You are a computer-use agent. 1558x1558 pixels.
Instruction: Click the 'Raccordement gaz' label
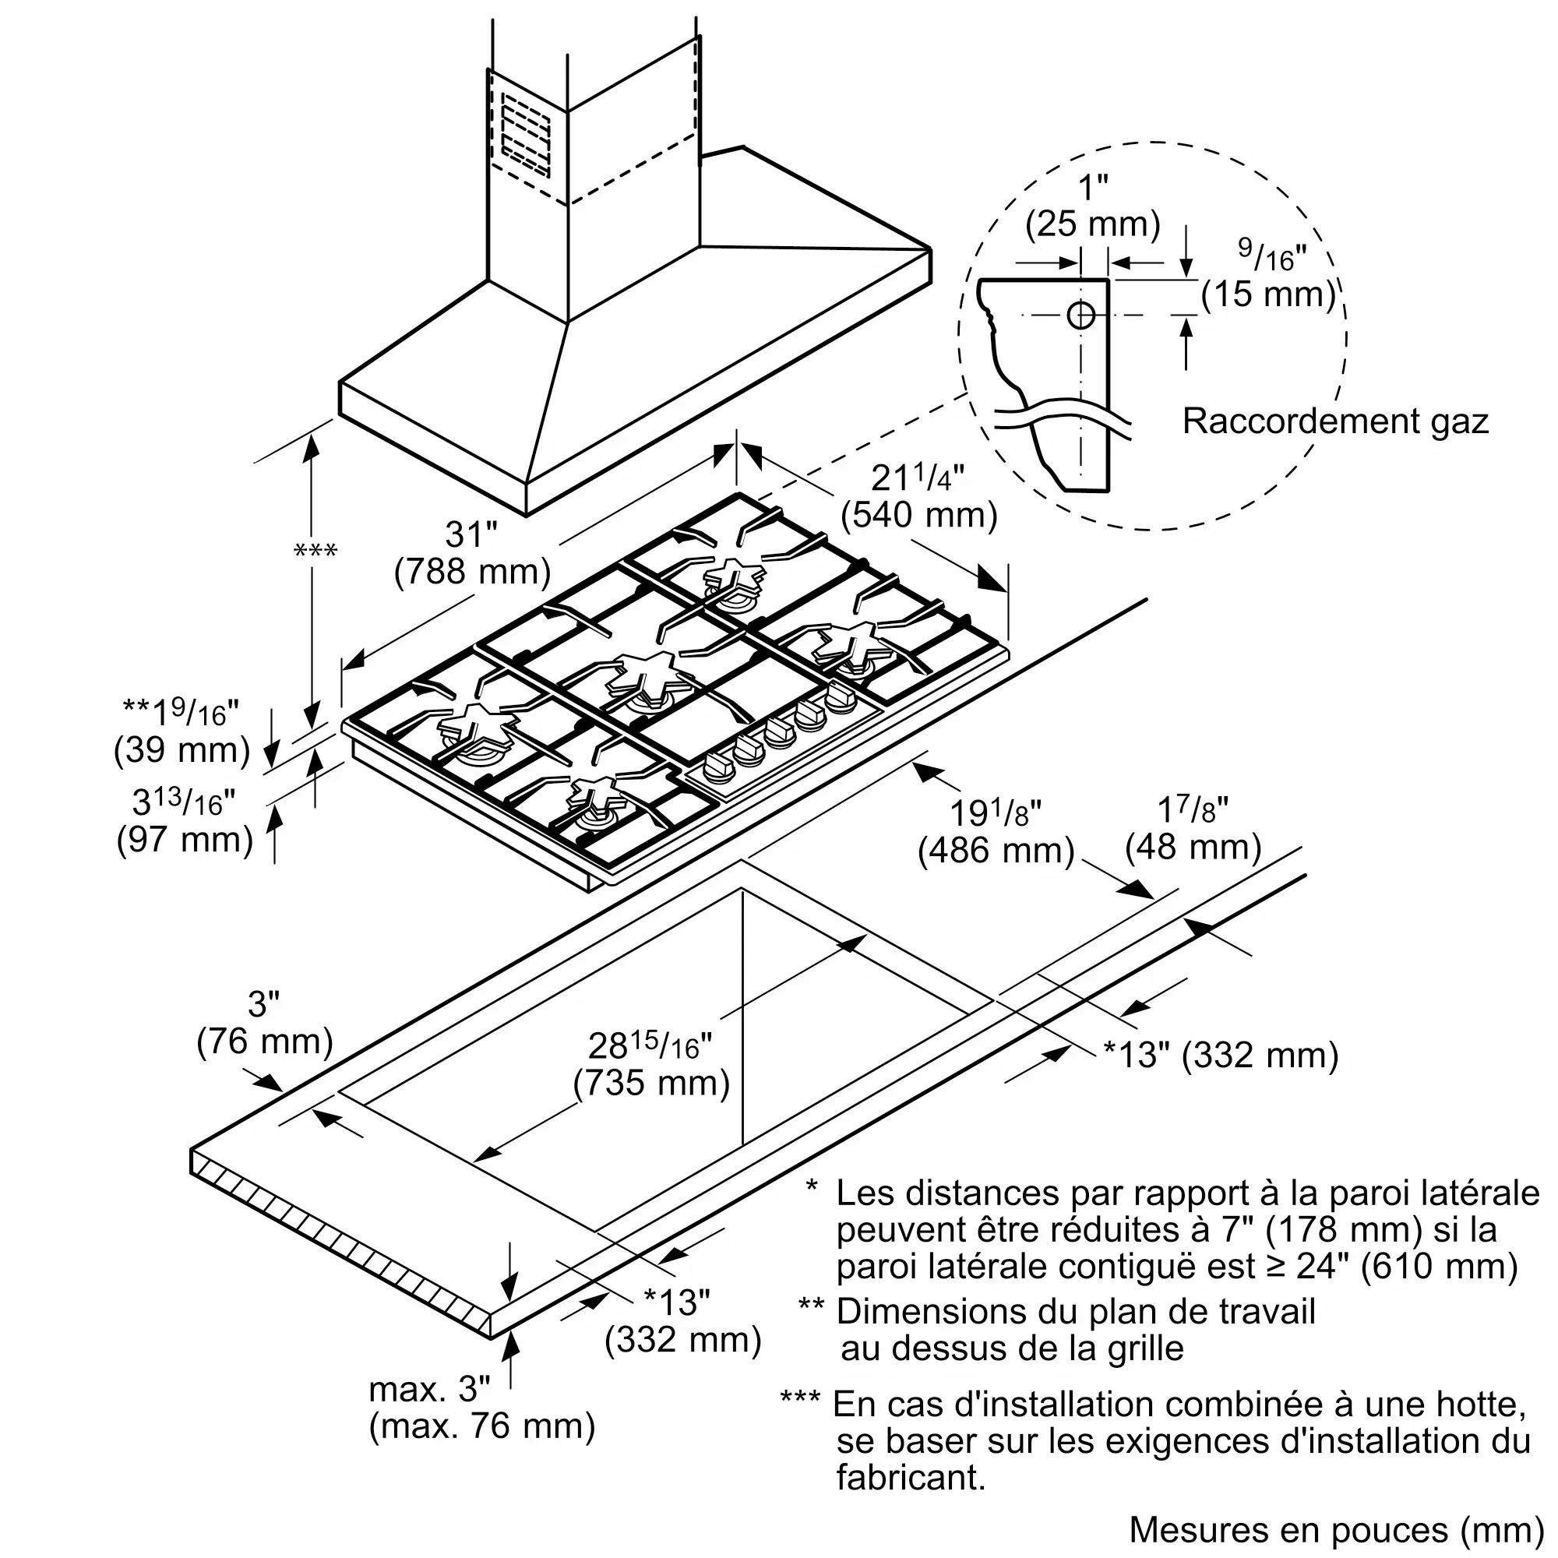click(1334, 421)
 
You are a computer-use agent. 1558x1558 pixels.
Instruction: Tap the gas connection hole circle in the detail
click(1080, 315)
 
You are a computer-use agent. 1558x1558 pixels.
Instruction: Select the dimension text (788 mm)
click(473, 572)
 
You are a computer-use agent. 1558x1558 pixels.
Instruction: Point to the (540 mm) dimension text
click(918, 514)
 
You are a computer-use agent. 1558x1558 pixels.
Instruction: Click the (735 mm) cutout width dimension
click(651, 1082)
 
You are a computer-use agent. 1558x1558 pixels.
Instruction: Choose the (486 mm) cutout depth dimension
click(996, 850)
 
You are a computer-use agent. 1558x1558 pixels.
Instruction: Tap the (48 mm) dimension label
click(1193, 847)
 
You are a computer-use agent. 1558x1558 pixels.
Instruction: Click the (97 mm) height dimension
click(185, 840)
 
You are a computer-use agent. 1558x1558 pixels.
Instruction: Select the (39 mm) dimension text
click(182, 749)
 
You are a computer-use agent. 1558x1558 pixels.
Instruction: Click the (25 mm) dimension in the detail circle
click(1093, 224)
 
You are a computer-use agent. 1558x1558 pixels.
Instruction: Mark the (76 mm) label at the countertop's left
click(265, 1041)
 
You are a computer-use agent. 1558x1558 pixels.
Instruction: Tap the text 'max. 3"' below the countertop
click(429, 1389)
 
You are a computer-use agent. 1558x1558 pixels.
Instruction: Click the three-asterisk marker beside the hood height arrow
click(316, 552)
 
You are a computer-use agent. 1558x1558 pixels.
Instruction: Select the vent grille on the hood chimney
click(526, 135)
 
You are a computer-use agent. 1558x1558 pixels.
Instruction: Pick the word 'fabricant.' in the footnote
click(911, 1477)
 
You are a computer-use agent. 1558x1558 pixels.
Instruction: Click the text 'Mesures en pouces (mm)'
click(1336, 1530)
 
